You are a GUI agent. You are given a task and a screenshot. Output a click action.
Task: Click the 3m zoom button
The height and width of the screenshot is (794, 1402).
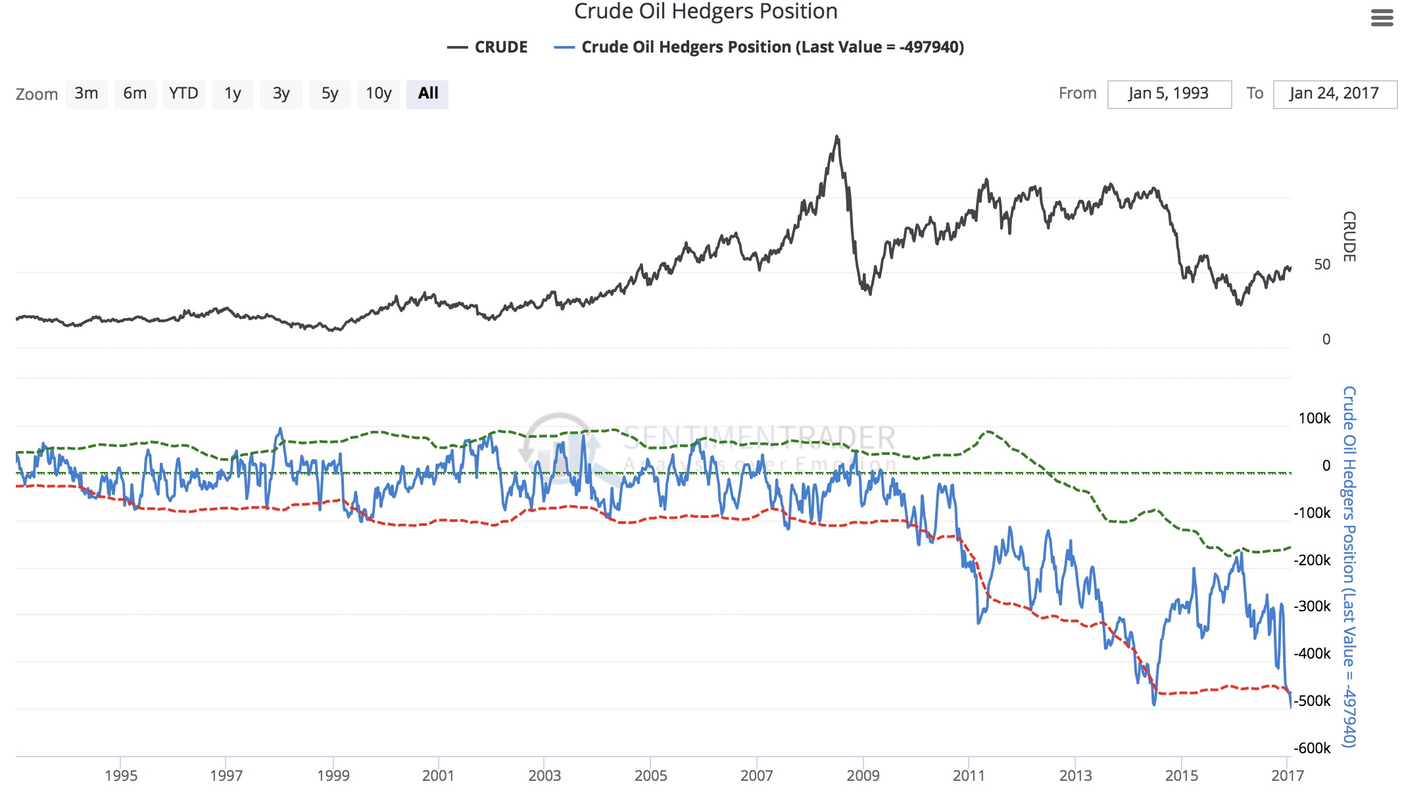pyautogui.click(x=86, y=94)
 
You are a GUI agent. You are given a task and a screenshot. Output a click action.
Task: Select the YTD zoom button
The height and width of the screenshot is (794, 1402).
pyautogui.click(x=183, y=94)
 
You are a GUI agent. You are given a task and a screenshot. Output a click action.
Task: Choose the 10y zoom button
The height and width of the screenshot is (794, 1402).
pyautogui.click(x=378, y=94)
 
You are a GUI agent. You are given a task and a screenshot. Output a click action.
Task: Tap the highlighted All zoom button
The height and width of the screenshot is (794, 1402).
pyautogui.click(x=427, y=94)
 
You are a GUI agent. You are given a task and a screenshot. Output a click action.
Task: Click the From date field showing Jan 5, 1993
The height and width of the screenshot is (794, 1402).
pyautogui.click(x=1169, y=94)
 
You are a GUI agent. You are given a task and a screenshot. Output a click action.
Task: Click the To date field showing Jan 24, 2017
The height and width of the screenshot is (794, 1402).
pyautogui.click(x=1334, y=94)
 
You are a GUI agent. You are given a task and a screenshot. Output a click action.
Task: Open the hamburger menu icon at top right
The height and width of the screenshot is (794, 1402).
pyautogui.click(x=1382, y=18)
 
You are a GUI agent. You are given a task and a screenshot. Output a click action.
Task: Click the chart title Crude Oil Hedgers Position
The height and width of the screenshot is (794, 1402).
pyautogui.click(x=706, y=11)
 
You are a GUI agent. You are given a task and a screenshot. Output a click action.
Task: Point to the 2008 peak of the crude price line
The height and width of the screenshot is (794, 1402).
pyautogui.click(x=836, y=137)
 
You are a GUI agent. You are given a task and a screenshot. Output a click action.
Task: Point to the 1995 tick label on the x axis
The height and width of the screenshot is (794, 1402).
pyautogui.click(x=121, y=776)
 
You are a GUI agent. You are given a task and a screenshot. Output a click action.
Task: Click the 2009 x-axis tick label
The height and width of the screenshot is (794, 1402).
pyautogui.click(x=863, y=776)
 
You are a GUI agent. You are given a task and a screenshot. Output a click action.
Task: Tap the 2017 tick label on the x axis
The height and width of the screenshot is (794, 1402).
pyautogui.click(x=1287, y=776)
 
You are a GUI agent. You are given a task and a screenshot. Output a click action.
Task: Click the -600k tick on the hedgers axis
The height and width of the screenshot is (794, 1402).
pyautogui.click(x=1312, y=748)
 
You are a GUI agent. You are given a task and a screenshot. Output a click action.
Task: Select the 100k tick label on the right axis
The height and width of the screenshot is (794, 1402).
pyautogui.click(x=1314, y=418)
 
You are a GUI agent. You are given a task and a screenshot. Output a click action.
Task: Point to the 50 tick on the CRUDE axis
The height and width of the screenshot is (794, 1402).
pyautogui.click(x=1322, y=265)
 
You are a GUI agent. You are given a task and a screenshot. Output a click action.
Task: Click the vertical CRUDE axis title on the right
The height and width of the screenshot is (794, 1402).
pyautogui.click(x=1349, y=237)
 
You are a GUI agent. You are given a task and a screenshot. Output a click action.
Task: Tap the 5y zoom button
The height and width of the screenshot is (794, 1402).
pyautogui.click(x=329, y=94)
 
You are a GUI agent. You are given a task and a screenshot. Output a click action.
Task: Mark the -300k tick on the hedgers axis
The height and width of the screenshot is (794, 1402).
pyautogui.click(x=1312, y=606)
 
